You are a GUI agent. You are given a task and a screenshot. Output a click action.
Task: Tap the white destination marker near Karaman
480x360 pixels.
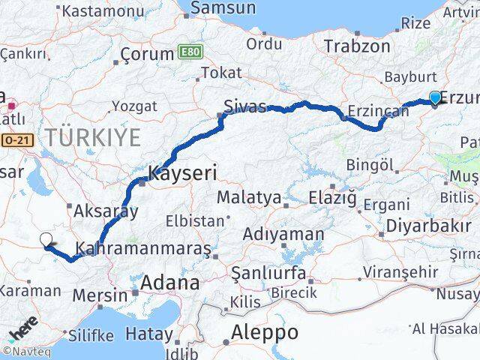pos(46,240)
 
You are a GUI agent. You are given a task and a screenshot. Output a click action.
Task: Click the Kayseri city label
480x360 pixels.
pos(183,173)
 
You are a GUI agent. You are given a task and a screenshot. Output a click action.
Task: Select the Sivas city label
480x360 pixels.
pos(247,107)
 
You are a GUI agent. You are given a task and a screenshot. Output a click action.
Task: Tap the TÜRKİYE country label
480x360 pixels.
pos(93,137)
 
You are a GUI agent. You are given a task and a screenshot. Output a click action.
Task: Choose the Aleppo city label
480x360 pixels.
pos(265,331)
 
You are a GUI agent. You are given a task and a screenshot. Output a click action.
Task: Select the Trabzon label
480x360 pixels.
pos(358,46)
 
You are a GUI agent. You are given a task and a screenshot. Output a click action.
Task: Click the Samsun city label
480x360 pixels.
pos(223,8)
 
